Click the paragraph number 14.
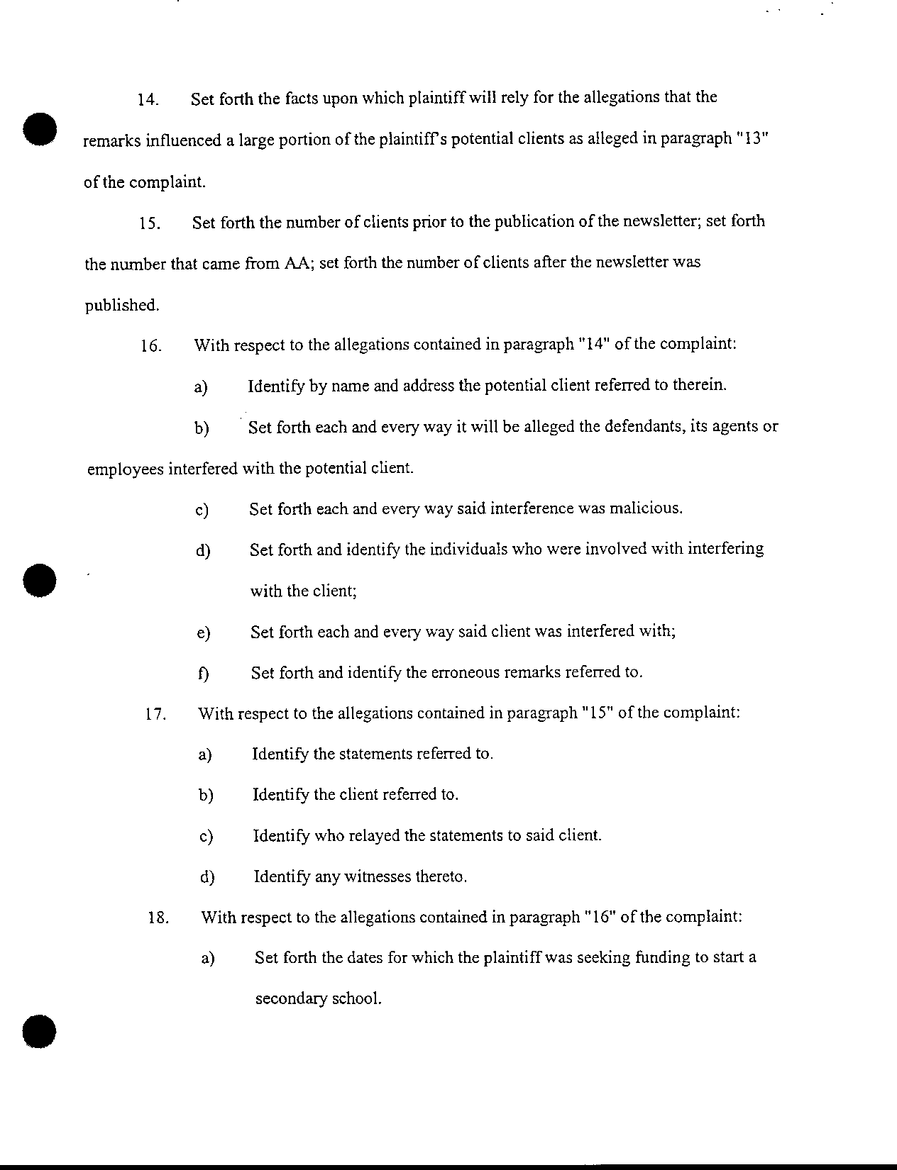click(147, 99)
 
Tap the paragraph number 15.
click(148, 224)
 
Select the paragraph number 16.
click(151, 347)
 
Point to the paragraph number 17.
click(155, 715)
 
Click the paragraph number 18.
click(158, 918)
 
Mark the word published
click(121, 305)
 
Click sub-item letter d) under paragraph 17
click(207, 878)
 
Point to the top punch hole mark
click(39, 129)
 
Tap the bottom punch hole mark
click(39, 1031)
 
